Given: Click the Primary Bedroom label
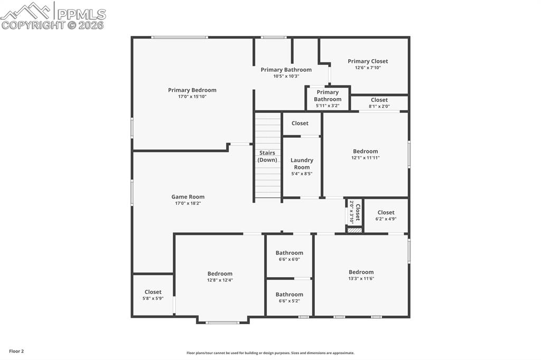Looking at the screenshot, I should point(192,90).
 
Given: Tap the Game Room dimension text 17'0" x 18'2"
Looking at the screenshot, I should point(188,204).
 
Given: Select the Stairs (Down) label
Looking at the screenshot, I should point(267,156).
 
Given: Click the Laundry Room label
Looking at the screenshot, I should point(302,164).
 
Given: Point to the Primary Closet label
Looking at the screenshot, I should point(368,61).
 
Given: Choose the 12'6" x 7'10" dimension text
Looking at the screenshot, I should point(368,68).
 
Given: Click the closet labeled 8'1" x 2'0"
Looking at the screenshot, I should point(379,102).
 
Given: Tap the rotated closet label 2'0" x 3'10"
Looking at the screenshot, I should point(355,211).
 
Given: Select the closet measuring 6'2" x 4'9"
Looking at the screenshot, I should point(386,215).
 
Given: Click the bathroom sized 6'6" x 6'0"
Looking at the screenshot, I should point(289,255).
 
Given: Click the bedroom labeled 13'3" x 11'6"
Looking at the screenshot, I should point(361,275).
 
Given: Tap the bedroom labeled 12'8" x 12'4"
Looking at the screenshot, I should point(220,277).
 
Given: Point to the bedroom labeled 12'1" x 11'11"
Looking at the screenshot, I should point(365,154).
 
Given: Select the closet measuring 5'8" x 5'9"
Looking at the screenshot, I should point(153,295).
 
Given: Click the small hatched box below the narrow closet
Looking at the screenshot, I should point(355,230).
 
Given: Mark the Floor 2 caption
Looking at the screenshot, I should point(16,351).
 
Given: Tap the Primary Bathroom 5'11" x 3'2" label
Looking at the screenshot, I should point(328,99).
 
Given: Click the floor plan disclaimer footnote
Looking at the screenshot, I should point(270,353).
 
